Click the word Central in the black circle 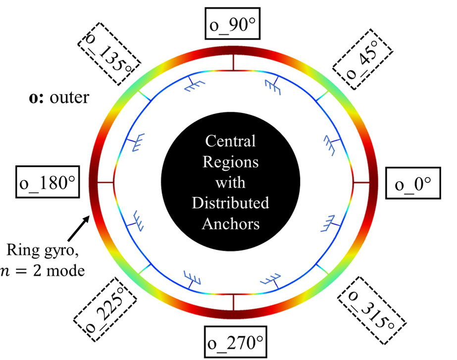tap(230, 141)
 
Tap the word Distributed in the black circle tap(230, 203)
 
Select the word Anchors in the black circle tap(231, 224)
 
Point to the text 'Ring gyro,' tap(43, 250)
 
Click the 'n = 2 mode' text tap(43, 271)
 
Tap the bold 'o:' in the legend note tap(36, 98)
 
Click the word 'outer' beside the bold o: tap(69, 98)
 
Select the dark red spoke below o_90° tap(233, 62)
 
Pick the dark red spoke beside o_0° tap(361, 183)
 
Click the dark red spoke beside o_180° tap(105, 183)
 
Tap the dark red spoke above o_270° tap(233, 303)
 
